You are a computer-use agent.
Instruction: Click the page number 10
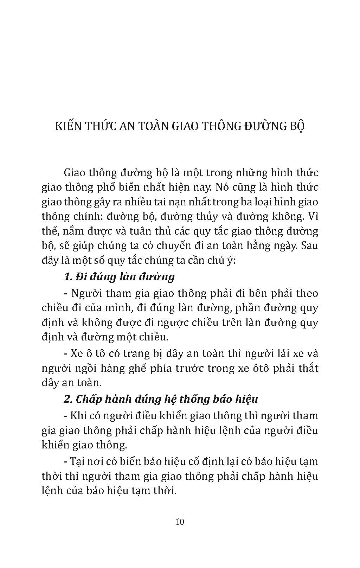pyautogui.click(x=180, y=521)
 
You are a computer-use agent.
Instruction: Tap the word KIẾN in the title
pyautogui.click(x=69, y=126)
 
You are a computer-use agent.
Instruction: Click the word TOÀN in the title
pyautogui.click(x=153, y=126)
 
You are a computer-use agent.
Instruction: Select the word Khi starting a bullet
pyautogui.click(x=78, y=416)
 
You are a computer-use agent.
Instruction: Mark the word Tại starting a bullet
pyautogui.click(x=79, y=461)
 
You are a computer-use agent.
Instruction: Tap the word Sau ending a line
pyautogui.click(x=310, y=245)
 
